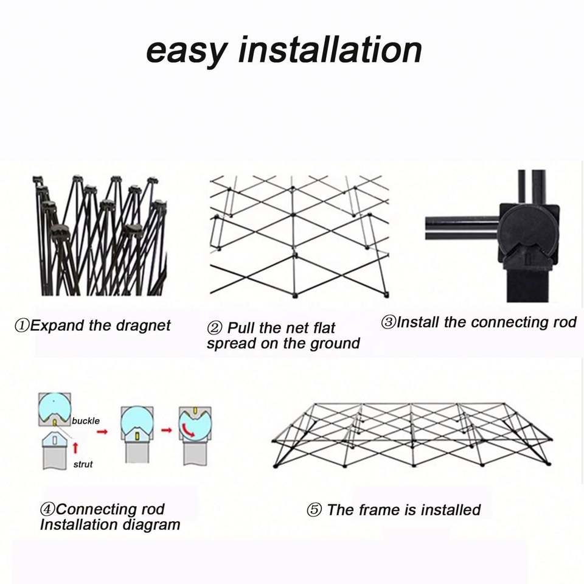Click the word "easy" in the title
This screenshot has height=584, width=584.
pyautogui.click(x=185, y=50)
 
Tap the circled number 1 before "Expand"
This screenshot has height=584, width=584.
pyautogui.click(x=22, y=325)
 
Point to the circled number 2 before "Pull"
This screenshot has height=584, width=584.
pyautogui.click(x=215, y=328)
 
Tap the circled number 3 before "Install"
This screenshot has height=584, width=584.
pyautogui.click(x=388, y=322)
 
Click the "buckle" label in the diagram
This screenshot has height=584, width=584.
pyautogui.click(x=86, y=420)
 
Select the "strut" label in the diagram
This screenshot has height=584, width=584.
pyautogui.click(x=83, y=464)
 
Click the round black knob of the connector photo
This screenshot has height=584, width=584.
pyautogui.click(x=526, y=229)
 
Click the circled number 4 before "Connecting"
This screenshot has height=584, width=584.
pyautogui.click(x=47, y=510)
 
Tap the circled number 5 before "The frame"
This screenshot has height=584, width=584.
pyautogui.click(x=314, y=510)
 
